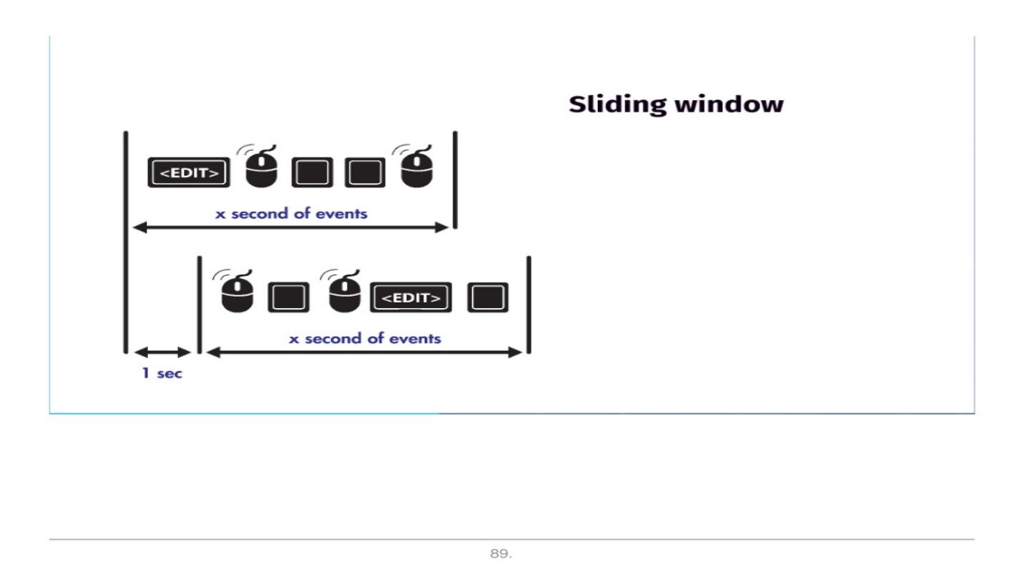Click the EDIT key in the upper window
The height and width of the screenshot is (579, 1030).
pyautogui.click(x=189, y=172)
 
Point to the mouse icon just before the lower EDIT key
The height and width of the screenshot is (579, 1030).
pyautogui.click(x=345, y=293)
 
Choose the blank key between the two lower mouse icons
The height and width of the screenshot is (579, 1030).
pyautogui.click(x=289, y=298)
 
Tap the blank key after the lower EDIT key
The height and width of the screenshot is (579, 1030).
pyautogui.click(x=488, y=297)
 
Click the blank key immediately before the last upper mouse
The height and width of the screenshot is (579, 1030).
pyautogui.click(x=366, y=172)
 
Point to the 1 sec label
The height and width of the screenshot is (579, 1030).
pyautogui.click(x=162, y=373)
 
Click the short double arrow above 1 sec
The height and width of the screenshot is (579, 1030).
pyautogui.click(x=163, y=352)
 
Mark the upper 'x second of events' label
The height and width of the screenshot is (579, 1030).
pyautogui.click(x=291, y=213)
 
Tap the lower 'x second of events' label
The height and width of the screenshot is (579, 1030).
pyautogui.click(x=365, y=338)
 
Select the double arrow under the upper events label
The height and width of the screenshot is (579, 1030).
pyautogui.click(x=291, y=227)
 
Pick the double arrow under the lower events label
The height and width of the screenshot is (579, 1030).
pyautogui.click(x=365, y=352)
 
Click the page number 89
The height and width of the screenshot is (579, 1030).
pyautogui.click(x=500, y=554)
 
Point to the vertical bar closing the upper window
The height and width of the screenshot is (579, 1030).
pyautogui.click(x=455, y=179)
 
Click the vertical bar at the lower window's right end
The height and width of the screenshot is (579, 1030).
pyautogui.click(x=529, y=305)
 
